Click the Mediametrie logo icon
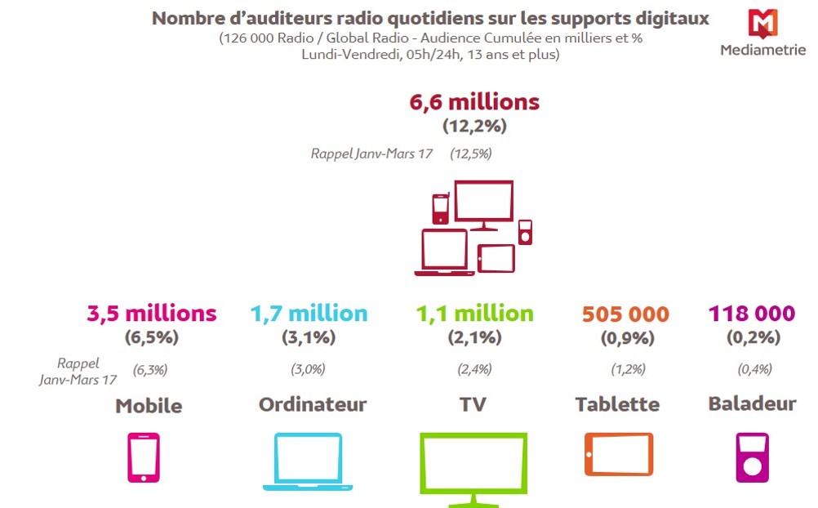(x=763, y=23)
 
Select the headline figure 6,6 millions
(x=473, y=103)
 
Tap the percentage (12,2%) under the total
(x=474, y=127)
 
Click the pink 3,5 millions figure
(x=152, y=314)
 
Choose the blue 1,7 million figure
(x=309, y=314)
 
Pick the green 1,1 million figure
(x=474, y=314)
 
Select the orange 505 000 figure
(x=625, y=314)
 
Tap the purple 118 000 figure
(x=751, y=314)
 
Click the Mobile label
(x=149, y=406)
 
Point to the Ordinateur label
(x=313, y=404)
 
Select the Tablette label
(x=617, y=404)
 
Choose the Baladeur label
(x=752, y=403)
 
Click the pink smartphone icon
(x=144, y=457)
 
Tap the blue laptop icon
(x=308, y=461)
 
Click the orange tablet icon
(x=618, y=454)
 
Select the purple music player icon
(x=752, y=457)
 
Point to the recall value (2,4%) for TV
(x=474, y=369)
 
